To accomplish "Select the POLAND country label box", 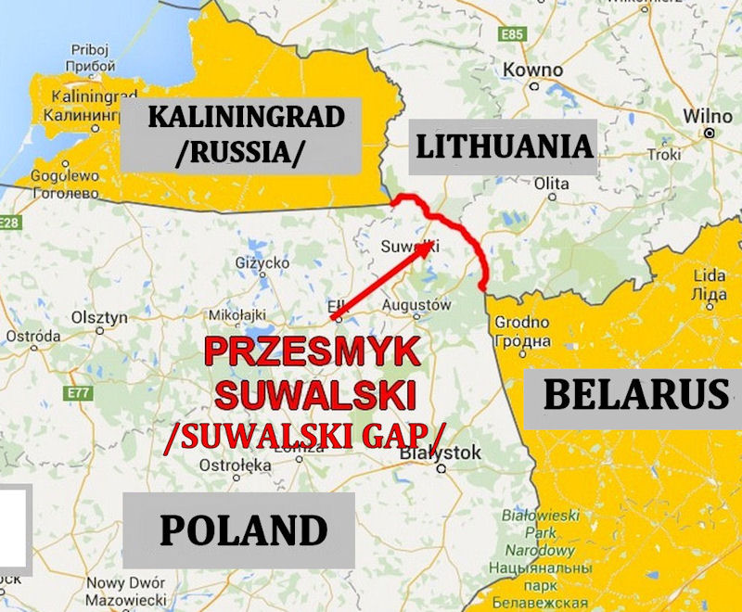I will (243, 530).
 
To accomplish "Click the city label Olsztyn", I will (99, 317).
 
